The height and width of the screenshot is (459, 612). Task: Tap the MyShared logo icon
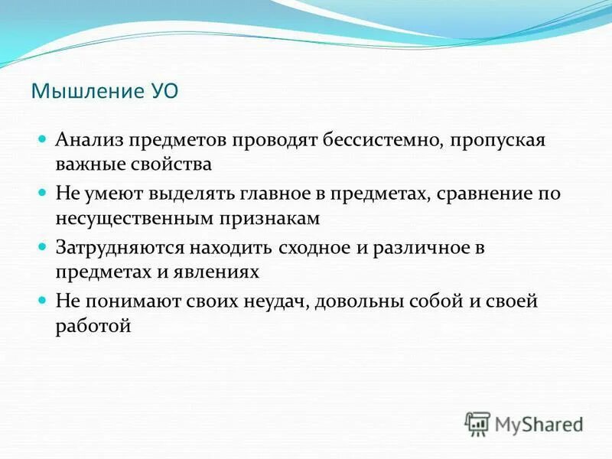coord(478,423)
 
